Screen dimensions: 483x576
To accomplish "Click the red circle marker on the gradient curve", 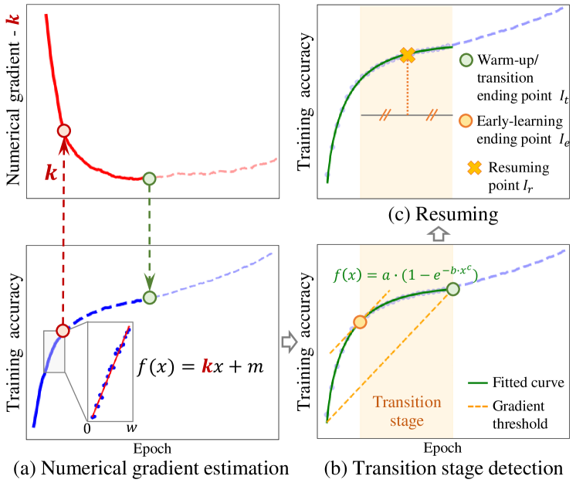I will click(x=65, y=131).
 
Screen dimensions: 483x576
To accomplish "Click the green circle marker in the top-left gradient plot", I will click(x=150, y=178).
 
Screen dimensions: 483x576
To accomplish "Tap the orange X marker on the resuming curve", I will click(x=407, y=55).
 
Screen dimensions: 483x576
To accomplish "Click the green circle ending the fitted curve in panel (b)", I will click(x=453, y=290).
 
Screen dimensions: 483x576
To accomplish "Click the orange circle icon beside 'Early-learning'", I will click(x=466, y=121).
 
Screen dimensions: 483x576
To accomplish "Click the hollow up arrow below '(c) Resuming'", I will click(x=438, y=233).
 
